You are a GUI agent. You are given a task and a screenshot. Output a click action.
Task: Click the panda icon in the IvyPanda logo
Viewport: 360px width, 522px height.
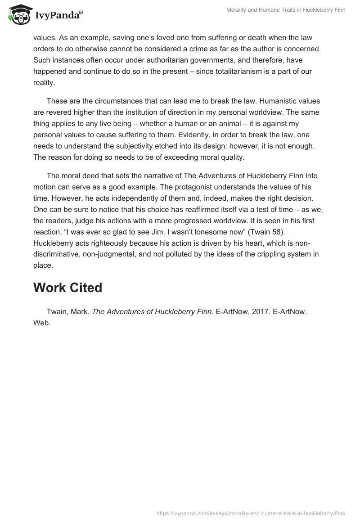[x=18, y=16]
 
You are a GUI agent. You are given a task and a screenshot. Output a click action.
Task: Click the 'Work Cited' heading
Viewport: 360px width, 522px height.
[x=67, y=287]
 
